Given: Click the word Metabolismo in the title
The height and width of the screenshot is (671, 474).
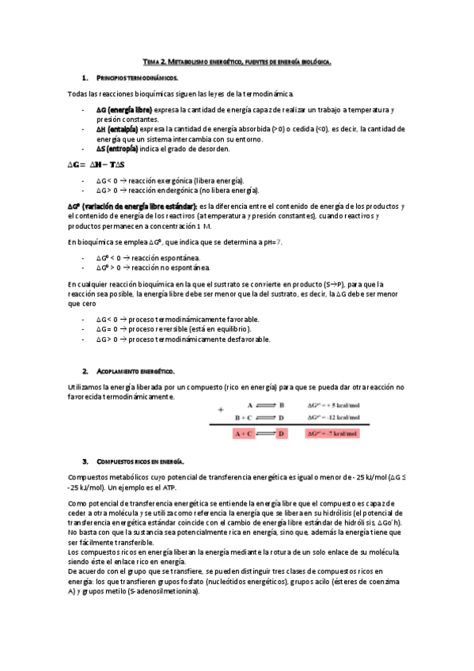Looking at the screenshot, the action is pos(188,60).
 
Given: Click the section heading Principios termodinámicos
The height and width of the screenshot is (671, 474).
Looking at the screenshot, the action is pos(137,78).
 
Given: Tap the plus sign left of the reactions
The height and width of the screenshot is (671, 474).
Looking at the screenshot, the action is pos(221,409).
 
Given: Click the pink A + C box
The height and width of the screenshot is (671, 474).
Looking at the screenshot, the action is pos(243,434).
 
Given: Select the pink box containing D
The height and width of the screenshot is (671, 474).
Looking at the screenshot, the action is pos(282,434).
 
